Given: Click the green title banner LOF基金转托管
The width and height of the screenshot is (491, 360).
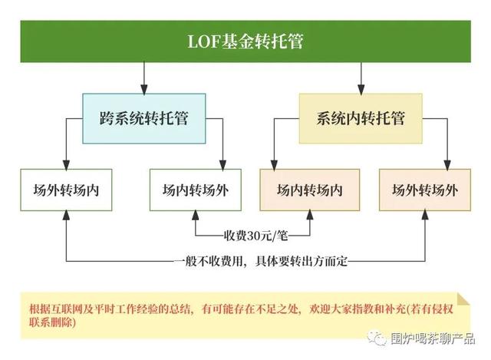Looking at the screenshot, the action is (245, 41).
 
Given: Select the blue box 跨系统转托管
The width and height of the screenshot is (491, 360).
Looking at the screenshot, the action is (144, 118).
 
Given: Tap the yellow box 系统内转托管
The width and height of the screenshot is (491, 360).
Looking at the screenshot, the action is (361, 118).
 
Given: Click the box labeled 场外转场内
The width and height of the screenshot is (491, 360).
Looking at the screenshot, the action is (66, 190).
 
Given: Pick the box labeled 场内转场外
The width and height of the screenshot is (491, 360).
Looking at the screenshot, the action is (196, 190).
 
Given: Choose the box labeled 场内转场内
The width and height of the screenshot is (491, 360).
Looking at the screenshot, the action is (310, 190).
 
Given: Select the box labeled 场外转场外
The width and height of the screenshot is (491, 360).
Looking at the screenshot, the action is (425, 190).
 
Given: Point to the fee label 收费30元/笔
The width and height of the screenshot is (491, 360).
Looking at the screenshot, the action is (255, 236).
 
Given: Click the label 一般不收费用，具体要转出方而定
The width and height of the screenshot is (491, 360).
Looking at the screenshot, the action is (261, 261).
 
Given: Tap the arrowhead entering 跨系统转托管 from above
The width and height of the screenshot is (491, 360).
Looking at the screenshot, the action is (144, 89).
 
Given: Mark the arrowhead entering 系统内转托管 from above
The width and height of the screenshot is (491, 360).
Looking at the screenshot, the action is (361, 89).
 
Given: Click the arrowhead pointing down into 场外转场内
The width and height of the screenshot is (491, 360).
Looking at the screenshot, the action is (66, 165).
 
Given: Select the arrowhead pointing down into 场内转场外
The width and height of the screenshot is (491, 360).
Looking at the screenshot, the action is (222, 165).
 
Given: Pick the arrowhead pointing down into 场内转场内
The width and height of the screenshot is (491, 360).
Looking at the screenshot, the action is (275, 165).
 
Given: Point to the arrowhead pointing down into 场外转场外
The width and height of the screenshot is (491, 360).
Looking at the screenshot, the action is (447, 165).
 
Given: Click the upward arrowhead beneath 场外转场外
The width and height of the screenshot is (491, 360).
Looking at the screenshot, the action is (425, 215).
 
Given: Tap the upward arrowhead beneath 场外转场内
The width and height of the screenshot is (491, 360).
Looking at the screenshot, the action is (66, 215).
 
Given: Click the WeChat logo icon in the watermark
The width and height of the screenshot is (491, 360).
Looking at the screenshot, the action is (377, 338).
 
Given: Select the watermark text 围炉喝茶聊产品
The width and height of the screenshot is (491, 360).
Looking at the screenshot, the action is (433, 339).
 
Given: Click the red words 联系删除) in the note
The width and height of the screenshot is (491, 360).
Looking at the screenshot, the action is (52, 322).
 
